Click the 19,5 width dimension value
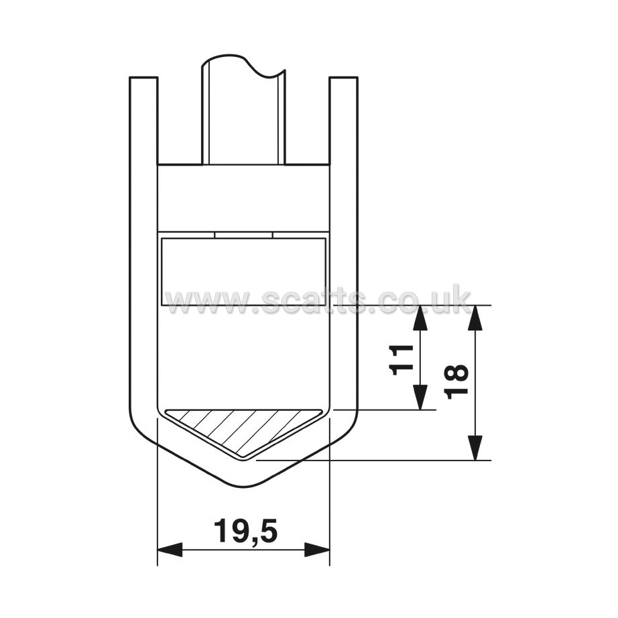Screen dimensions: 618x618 point(245,532)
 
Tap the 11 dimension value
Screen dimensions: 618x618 point(401,359)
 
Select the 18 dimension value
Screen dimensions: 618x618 point(456,382)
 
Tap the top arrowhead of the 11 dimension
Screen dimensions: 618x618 point(420,318)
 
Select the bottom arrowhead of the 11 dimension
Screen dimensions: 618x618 point(420,397)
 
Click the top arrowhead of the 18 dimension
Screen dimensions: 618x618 point(476,318)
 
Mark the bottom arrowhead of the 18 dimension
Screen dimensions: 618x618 point(476,447)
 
